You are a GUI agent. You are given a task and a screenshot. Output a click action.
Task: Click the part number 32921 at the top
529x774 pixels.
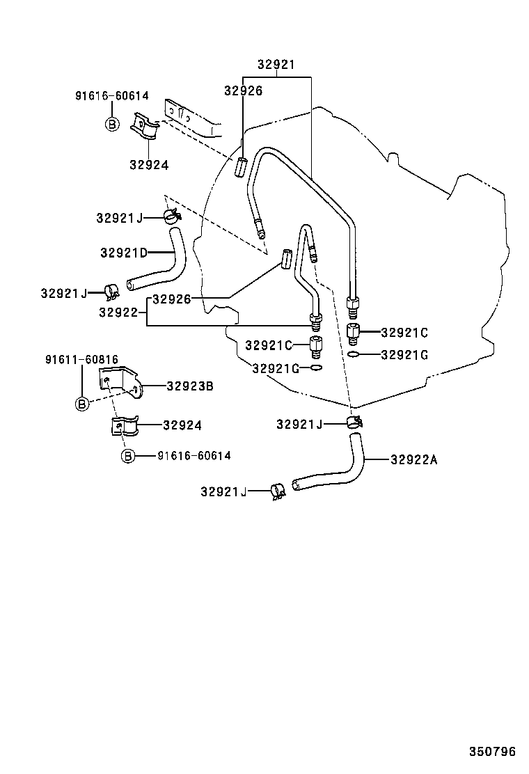pyautogui.click(x=276, y=65)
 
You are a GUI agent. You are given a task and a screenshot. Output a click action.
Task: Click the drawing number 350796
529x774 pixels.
pyautogui.click(x=491, y=752)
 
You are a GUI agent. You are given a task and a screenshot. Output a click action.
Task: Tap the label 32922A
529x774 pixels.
pyautogui.click(x=414, y=459)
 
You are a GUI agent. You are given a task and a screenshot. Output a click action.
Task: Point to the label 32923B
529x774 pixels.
pyautogui.click(x=189, y=386)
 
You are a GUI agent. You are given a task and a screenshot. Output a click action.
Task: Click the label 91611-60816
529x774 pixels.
pyautogui.click(x=81, y=360)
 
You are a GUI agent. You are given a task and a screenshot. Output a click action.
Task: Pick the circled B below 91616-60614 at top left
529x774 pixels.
pyautogui.click(x=110, y=124)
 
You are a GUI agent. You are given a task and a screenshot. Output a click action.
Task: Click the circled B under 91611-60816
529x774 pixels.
pyautogui.click(x=82, y=403)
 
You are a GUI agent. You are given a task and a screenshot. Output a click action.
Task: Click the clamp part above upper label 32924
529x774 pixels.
pyautogui.click(x=145, y=129)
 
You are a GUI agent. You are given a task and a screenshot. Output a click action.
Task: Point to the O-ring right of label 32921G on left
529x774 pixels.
pyautogui.click(x=317, y=368)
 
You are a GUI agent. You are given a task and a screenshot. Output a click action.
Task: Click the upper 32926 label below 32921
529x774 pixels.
pyautogui.click(x=243, y=90)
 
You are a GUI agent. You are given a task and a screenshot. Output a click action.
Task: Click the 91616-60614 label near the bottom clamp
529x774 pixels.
pyautogui.click(x=194, y=456)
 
